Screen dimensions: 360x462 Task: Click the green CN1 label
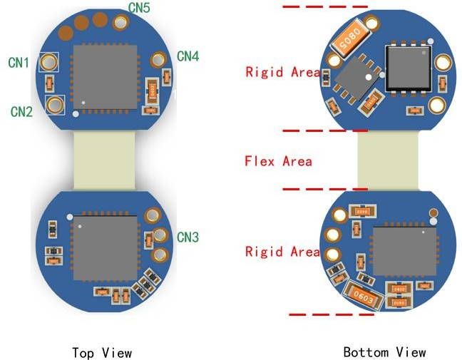click(x=19, y=63)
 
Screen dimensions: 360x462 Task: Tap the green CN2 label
click(x=21, y=111)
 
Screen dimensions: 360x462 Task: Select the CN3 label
click(x=188, y=237)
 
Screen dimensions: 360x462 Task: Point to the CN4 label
click(x=188, y=55)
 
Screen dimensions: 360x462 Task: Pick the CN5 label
click(x=139, y=8)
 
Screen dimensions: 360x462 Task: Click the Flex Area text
click(x=278, y=161)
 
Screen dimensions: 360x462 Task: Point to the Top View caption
click(x=102, y=352)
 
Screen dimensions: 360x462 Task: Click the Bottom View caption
click(x=384, y=352)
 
